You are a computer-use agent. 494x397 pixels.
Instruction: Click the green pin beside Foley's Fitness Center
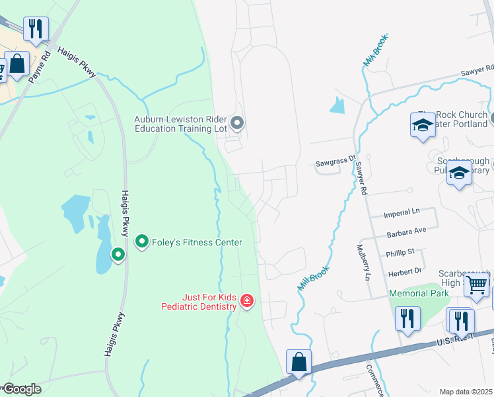coord(141,242)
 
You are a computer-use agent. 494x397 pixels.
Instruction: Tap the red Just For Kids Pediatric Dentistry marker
coord(247,302)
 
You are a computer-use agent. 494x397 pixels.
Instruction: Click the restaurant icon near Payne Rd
coord(35,28)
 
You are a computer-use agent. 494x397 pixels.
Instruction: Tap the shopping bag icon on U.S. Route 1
coord(299,362)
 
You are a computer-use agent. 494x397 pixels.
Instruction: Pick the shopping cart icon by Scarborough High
coord(476,285)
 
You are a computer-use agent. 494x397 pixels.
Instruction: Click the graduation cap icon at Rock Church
coord(423,124)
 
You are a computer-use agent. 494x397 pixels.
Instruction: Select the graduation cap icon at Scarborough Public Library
coord(459,173)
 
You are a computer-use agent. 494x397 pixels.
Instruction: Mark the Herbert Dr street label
coord(404,270)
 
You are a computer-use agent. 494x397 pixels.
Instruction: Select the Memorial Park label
coord(419,293)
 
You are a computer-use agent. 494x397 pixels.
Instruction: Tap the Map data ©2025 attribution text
coord(466,392)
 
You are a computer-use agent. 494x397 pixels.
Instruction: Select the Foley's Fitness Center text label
coord(197,242)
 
